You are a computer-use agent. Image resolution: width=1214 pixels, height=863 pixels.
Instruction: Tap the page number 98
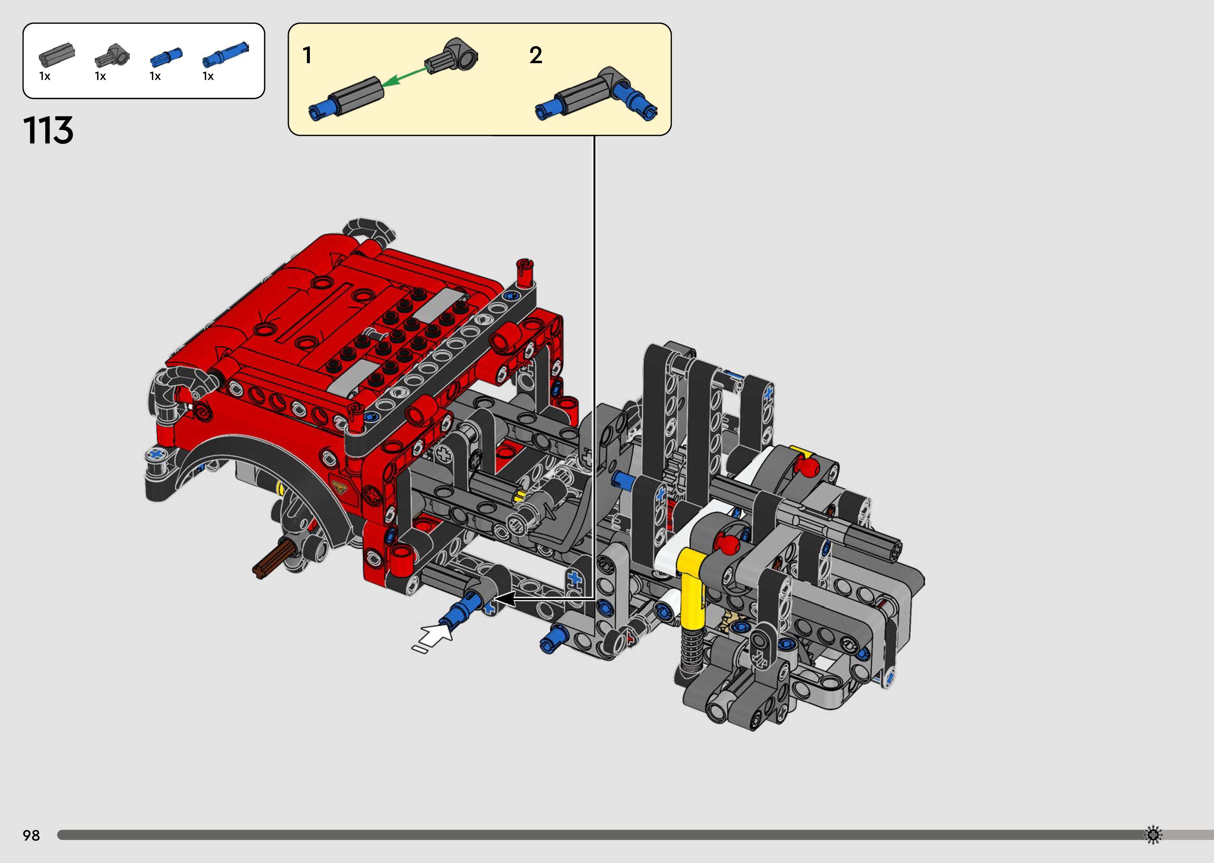pos(31,835)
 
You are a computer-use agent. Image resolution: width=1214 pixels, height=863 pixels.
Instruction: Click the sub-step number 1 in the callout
pos(307,55)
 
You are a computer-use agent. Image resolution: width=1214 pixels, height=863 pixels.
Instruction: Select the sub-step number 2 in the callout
pos(536,55)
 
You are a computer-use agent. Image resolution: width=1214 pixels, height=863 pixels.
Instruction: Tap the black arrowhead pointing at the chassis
pos(505,599)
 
